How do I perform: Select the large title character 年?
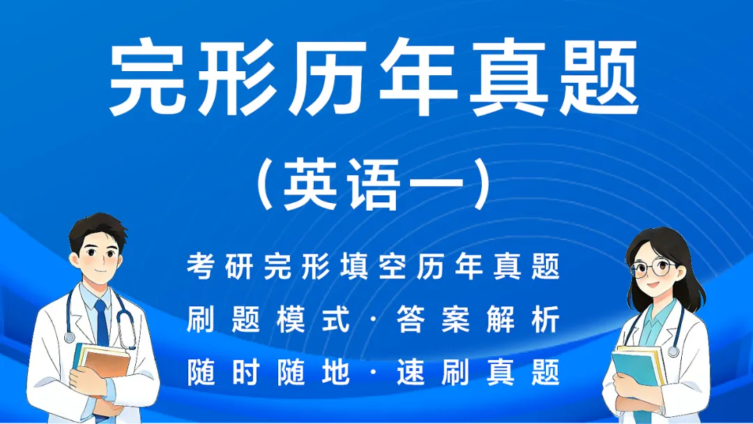tap(419, 78)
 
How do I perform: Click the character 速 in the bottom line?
tap(410, 373)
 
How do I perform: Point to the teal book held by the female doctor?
tap(634, 370)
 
